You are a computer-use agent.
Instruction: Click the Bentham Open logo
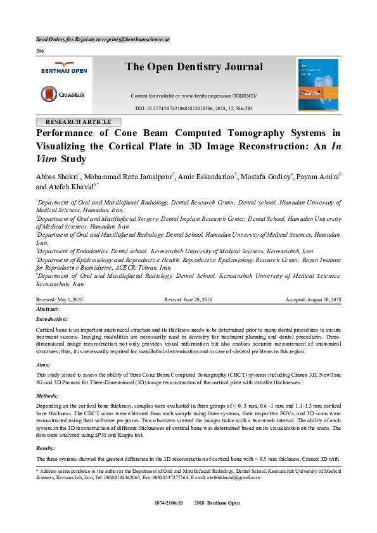tap(63, 68)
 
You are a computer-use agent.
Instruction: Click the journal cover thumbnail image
tap(317, 85)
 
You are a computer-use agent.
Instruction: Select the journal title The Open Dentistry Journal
tap(194, 67)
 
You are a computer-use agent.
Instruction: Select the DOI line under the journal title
tap(194, 108)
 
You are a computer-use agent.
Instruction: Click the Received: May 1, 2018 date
tap(59, 299)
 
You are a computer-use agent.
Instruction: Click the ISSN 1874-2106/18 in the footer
tap(168, 503)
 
